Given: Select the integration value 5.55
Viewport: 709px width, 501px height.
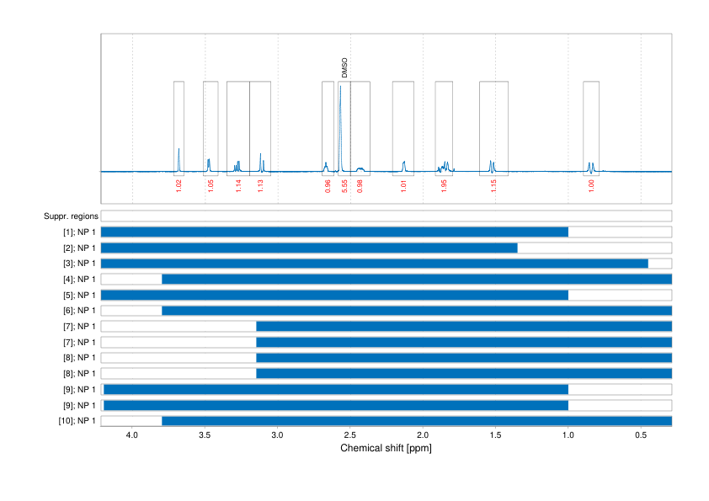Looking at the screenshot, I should (345, 186).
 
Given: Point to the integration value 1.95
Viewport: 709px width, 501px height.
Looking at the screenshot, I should (444, 186).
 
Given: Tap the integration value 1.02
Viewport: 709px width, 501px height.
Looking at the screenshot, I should (179, 186).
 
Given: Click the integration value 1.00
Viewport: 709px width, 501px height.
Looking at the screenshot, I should (591, 186).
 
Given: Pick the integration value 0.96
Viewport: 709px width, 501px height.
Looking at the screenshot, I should (328, 186).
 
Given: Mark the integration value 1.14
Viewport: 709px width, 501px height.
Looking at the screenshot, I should (238, 186).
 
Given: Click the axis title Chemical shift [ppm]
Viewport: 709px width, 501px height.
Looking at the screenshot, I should (386, 448).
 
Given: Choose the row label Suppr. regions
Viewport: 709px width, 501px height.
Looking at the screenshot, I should (70, 216).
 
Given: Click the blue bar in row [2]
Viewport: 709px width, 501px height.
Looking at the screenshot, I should (309, 248).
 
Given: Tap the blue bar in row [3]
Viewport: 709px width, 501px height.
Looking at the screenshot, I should (374, 264).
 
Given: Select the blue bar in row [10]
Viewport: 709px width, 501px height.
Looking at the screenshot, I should (417, 420).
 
